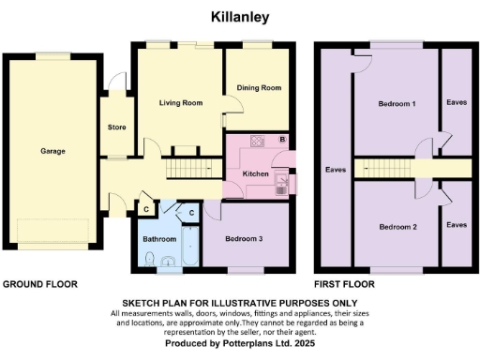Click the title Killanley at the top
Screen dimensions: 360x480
241,17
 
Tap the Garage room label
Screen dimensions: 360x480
52,150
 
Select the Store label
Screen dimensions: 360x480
117,127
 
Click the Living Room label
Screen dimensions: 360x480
181,103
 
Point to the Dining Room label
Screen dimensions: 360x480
259,88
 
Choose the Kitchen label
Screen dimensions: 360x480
256,174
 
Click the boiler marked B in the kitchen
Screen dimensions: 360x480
283,140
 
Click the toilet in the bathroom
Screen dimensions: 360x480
167,262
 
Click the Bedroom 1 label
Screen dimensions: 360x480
397,103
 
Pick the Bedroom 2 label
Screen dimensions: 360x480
397,227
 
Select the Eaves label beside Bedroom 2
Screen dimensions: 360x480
457,225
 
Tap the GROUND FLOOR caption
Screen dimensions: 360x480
39,283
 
